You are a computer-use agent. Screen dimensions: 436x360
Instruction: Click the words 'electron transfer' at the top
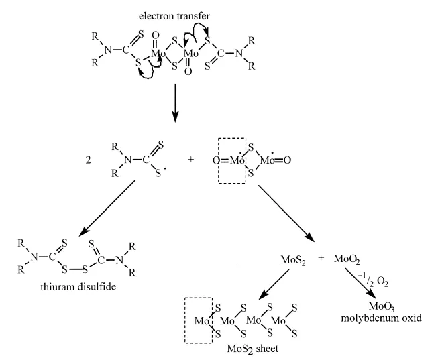[x=174, y=16]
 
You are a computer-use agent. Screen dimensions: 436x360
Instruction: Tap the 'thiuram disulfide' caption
[x=78, y=286]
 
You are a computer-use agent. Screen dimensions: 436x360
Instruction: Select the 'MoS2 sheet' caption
[x=252, y=349]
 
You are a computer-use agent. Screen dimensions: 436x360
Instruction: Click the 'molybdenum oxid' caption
[x=381, y=318]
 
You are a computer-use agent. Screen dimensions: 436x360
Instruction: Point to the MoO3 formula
[x=382, y=306]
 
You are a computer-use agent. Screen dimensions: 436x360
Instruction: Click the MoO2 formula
[x=347, y=259]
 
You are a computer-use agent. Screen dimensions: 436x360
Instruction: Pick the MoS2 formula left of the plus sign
[x=293, y=261]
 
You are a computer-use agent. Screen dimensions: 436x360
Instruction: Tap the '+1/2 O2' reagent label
[x=373, y=280]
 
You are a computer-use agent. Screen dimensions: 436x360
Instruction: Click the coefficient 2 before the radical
[x=88, y=160]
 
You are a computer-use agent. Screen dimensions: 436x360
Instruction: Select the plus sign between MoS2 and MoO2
[x=321, y=258]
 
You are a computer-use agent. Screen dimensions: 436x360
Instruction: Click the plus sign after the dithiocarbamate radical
[x=190, y=160]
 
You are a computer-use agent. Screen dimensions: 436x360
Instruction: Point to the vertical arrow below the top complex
[x=175, y=103]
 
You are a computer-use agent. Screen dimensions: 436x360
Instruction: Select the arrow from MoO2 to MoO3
[x=360, y=284]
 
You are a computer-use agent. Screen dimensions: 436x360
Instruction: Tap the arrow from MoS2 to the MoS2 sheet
[x=274, y=285]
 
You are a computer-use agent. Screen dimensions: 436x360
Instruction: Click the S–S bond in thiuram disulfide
[x=75, y=269]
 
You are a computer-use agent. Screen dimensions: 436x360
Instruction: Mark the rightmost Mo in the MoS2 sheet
[x=278, y=321]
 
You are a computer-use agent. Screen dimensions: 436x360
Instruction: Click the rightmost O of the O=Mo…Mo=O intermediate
[x=287, y=160]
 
